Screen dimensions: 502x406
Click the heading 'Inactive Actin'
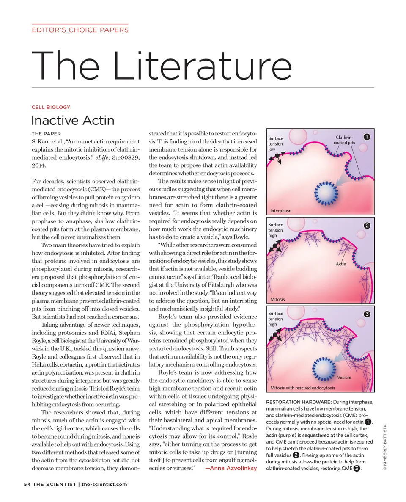(73, 121)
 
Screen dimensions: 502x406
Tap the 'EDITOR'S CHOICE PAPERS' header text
(80, 30)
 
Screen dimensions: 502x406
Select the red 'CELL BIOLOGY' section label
(51, 107)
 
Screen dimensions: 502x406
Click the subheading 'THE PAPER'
(46, 134)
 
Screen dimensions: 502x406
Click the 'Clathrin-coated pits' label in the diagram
(344, 141)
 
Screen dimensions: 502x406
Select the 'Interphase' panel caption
(280, 210)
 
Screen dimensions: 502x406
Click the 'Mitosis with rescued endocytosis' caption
(302, 388)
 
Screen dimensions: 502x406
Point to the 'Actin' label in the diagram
(341, 264)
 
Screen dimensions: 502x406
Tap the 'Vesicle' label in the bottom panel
(344, 377)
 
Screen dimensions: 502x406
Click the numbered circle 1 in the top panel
(367, 137)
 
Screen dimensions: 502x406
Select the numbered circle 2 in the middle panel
(367, 225)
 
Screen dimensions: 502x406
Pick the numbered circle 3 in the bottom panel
(367, 314)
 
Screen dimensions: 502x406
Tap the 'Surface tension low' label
(276, 144)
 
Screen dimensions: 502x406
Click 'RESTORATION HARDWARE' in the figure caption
(298, 402)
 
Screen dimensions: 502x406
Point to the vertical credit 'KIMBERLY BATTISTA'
(384, 444)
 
